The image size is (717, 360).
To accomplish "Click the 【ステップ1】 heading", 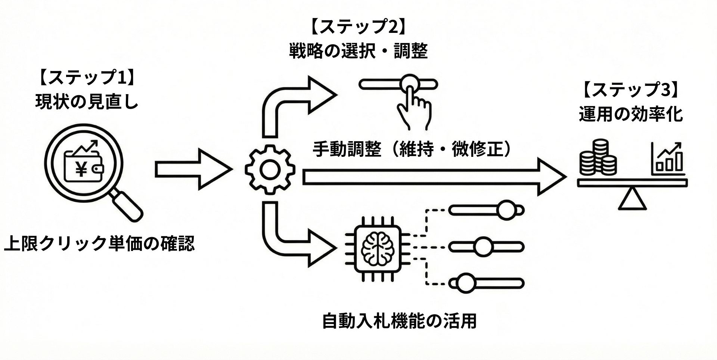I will click(87, 78).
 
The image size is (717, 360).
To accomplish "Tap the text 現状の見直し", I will click(87, 102).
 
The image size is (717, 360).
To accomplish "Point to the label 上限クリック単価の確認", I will click(99, 243).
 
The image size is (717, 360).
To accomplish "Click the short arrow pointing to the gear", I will click(192, 169).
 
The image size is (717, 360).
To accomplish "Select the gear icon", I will click(270, 170).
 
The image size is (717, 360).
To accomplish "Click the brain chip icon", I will click(378, 248).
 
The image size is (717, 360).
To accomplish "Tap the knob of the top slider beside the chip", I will click(506, 210).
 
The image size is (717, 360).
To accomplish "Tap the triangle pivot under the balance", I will click(632, 200).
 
